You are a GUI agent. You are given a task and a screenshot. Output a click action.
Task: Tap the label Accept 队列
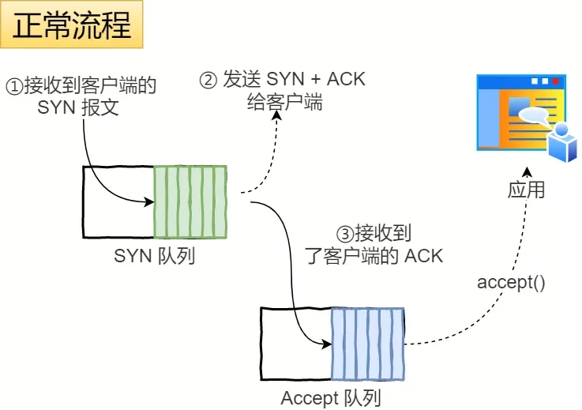coord(330,398)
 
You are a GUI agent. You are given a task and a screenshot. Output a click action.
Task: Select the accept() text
coord(511,282)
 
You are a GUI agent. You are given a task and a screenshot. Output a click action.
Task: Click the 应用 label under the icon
coord(526,190)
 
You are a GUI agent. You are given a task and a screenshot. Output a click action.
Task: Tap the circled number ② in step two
coord(208,81)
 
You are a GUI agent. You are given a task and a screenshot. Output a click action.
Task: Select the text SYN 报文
coord(78,107)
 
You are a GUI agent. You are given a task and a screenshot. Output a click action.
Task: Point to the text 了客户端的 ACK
coord(374,256)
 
